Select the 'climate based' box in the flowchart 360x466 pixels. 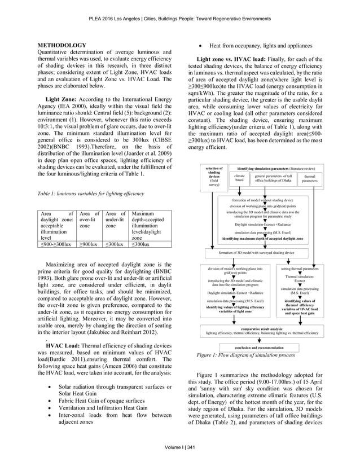click(239, 179)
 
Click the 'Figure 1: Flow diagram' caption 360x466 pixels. click(245, 356)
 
